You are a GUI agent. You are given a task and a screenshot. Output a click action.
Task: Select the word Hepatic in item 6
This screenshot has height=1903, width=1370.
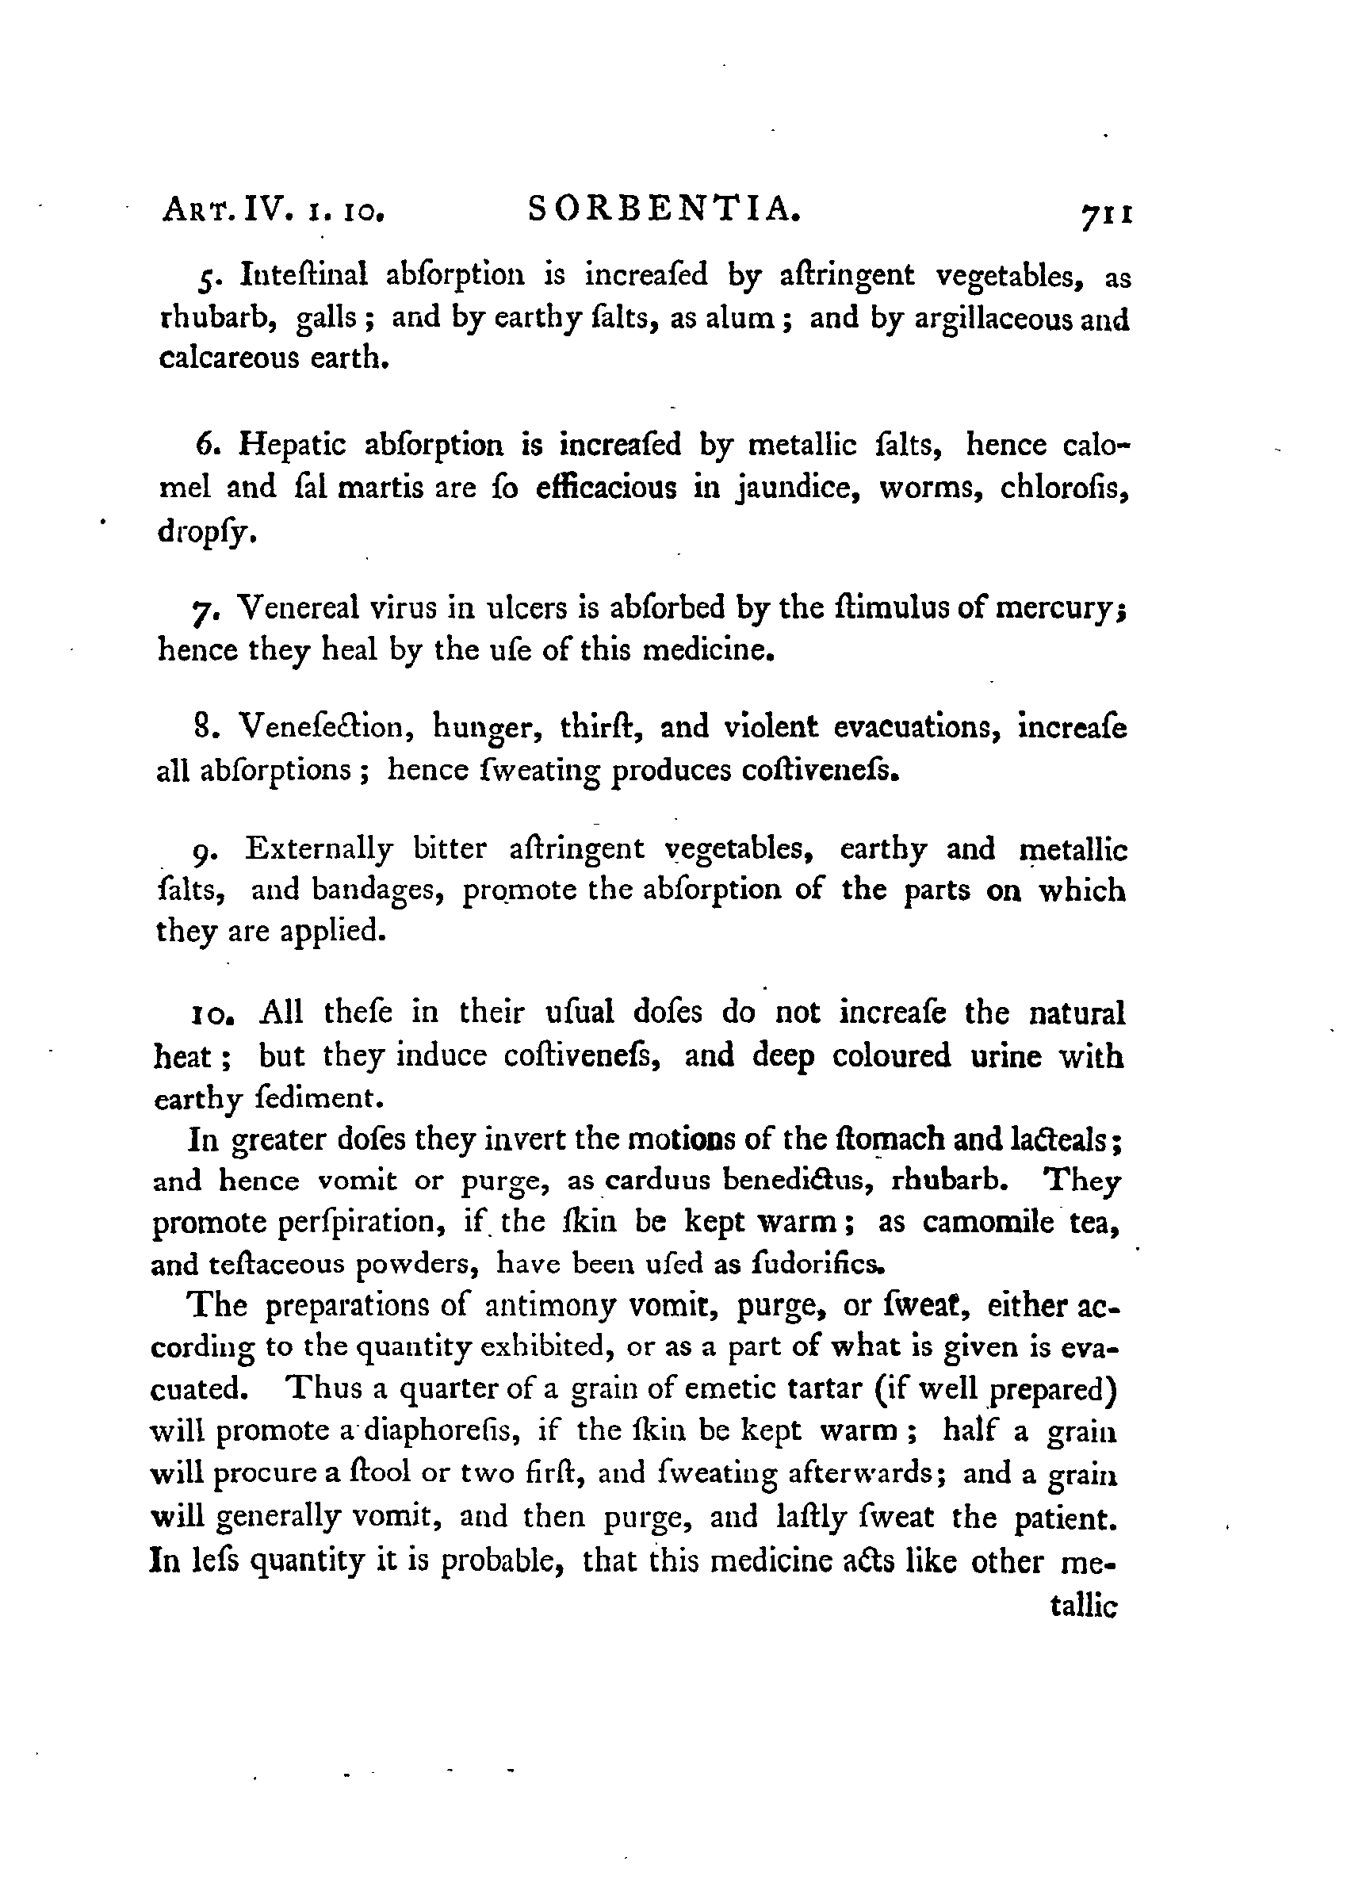(292, 444)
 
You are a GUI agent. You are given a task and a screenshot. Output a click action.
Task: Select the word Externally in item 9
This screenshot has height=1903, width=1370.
(319, 849)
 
